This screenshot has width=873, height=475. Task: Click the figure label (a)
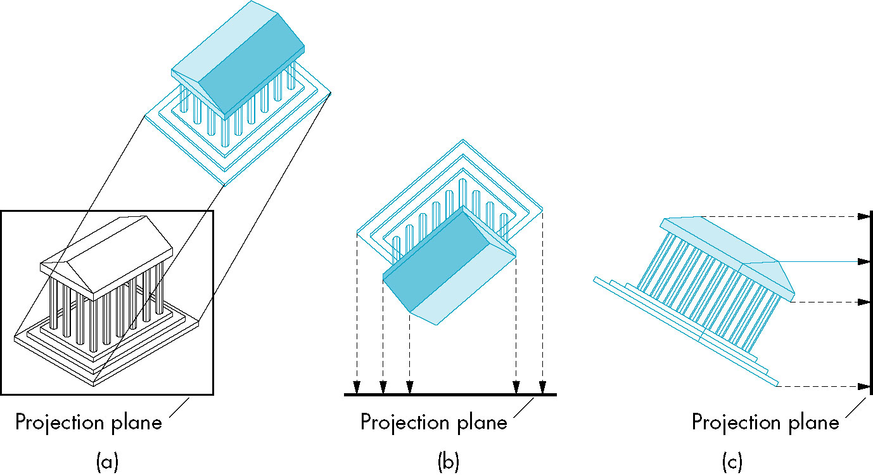pyautogui.click(x=107, y=462)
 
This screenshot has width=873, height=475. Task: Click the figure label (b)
pyautogui.click(x=449, y=462)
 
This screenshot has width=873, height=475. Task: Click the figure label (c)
pyautogui.click(x=732, y=462)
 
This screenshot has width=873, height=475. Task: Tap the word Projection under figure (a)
pyautogui.click(x=61, y=423)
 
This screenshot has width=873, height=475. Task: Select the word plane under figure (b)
pyautogui.click(x=482, y=423)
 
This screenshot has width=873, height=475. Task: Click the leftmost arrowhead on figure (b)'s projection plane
pyautogui.click(x=357, y=387)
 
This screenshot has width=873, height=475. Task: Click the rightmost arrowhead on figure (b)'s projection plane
pyautogui.click(x=542, y=387)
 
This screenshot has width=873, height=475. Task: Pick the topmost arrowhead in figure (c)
pyautogui.click(x=863, y=216)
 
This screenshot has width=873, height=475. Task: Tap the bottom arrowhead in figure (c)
pyautogui.click(x=863, y=386)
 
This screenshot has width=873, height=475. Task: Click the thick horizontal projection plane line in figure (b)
pyautogui.click(x=450, y=394)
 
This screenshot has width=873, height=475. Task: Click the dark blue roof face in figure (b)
pyautogui.click(x=437, y=259)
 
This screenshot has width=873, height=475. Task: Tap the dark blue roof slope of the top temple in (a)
pyautogui.click(x=252, y=67)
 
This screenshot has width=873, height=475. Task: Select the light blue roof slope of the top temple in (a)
pyautogui.click(x=224, y=41)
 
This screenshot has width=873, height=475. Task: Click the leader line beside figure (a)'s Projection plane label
pyautogui.click(x=179, y=408)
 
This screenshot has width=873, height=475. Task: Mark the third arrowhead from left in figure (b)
pyautogui.click(x=409, y=387)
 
